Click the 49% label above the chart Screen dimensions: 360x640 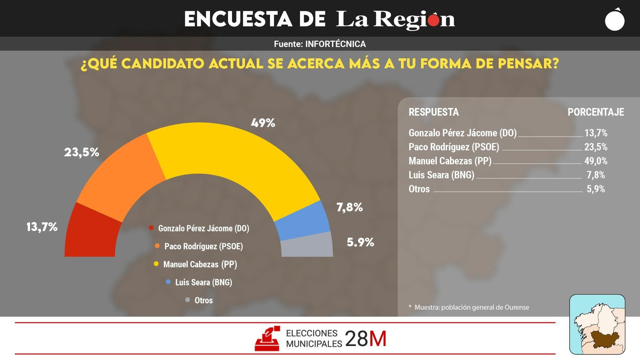click(x=263, y=123)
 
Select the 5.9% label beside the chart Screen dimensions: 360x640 click(x=360, y=242)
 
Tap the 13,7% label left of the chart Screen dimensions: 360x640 click(x=42, y=227)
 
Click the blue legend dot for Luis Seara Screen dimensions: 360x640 click(x=168, y=282)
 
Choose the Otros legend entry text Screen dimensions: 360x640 click(x=204, y=300)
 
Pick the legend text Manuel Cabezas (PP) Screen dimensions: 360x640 click(x=200, y=264)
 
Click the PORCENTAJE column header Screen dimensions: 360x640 click(x=596, y=112)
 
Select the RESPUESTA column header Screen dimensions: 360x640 click(x=434, y=112)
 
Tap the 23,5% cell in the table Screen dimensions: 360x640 click(x=596, y=147)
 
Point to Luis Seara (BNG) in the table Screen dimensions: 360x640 click(x=441, y=175)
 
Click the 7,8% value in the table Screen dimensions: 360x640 click(x=596, y=175)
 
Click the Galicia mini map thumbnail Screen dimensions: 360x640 click(x=597, y=324)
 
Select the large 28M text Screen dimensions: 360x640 click(x=366, y=339)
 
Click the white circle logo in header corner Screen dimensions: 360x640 click(x=615, y=20)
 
